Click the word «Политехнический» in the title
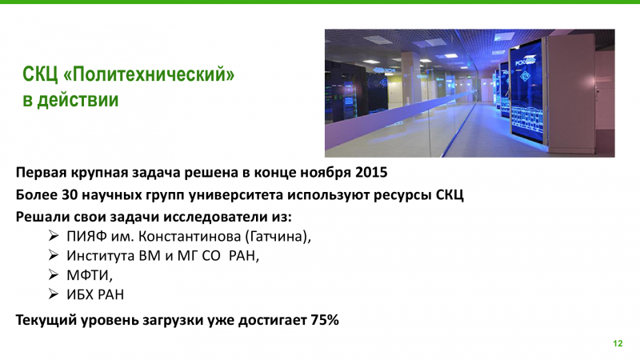pos(150,74)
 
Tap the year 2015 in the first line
pos(371,172)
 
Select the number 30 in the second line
pos(70,194)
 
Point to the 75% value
pos(325,319)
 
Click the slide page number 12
pos(618,343)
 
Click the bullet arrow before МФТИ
pos(54,274)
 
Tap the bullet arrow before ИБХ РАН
pos(54,294)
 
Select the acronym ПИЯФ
pos(86,236)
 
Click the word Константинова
pos(190,236)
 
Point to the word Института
pos(101,255)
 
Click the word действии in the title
pos(78,99)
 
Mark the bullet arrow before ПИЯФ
pos(54,235)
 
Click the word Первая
pos(42,173)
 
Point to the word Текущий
pos(46,320)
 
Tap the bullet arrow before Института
pos(54,255)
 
